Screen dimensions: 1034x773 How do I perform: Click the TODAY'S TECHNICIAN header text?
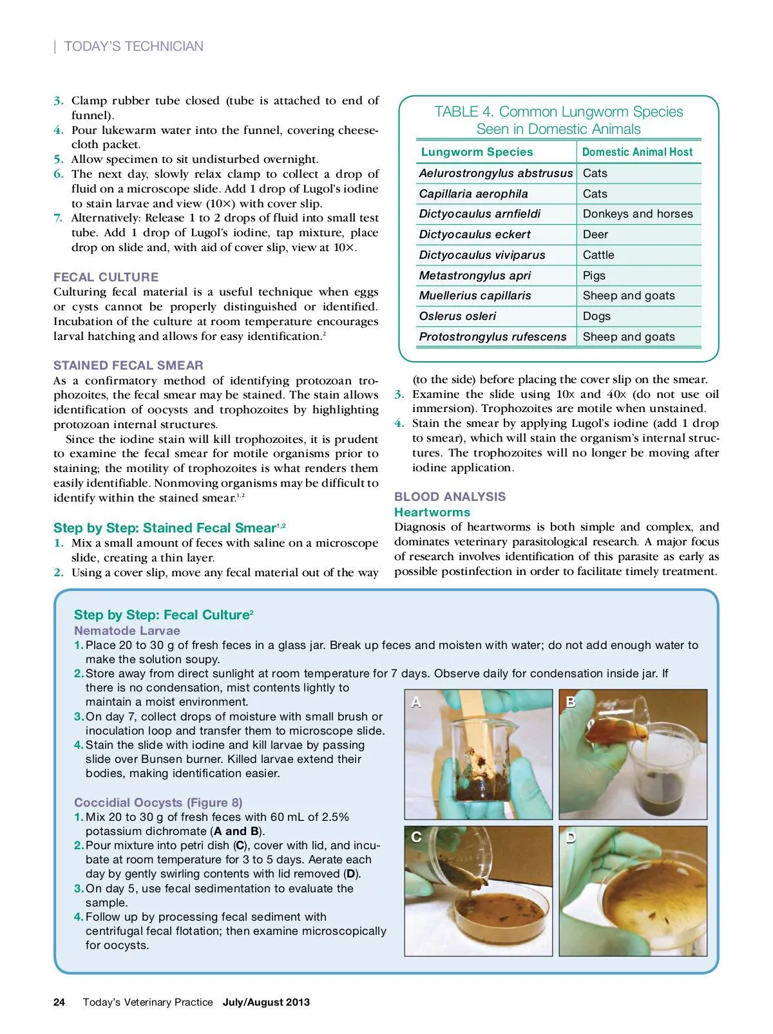pos(133,46)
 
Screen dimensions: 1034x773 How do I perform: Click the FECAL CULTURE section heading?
pos(106,277)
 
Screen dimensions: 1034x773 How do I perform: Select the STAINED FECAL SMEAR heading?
pos(128,365)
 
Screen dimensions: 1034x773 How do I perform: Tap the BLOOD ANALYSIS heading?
pos(450,496)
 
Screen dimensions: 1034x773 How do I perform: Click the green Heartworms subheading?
pos(432,512)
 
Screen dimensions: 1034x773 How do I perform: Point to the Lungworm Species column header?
pos(477,152)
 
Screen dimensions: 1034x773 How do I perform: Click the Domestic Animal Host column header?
pos(637,152)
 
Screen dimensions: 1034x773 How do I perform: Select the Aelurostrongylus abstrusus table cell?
pos(495,173)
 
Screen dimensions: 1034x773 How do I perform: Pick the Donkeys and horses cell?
pos(638,214)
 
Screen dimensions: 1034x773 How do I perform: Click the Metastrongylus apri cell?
pos(475,276)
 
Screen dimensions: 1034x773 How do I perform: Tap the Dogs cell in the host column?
pos(596,316)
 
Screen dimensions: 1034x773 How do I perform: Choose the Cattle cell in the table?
pos(598,255)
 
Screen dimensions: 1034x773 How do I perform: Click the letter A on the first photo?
pos(416,702)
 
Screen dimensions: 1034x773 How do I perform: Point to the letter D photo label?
pos(571,838)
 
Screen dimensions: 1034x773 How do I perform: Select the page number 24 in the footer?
pos(59,1002)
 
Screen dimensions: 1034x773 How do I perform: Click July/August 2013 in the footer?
pos(266,1002)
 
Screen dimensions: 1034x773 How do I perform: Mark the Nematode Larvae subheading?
pos(127,631)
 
